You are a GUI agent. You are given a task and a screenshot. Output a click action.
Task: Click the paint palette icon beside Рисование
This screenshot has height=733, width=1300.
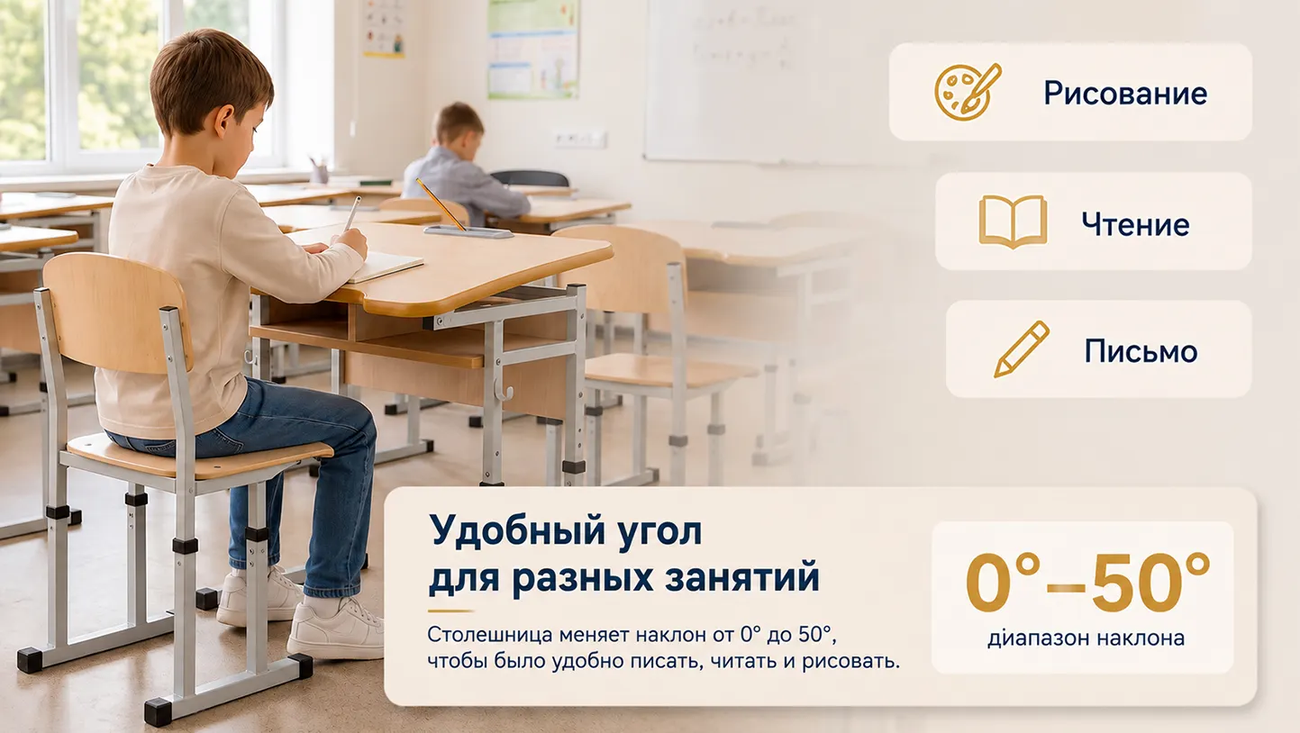pyautogui.click(x=967, y=92)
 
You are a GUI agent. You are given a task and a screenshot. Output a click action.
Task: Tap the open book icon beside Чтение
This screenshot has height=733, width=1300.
pyautogui.click(x=1013, y=222)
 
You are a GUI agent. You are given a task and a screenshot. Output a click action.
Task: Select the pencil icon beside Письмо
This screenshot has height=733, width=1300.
pyautogui.click(x=1022, y=349)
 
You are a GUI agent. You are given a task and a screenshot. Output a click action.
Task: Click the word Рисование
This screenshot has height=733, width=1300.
pyautogui.click(x=1125, y=94)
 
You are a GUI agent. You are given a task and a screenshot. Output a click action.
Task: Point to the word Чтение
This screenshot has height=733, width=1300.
pyautogui.click(x=1135, y=224)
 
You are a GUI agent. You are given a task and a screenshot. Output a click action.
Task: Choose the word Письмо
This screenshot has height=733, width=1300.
pyautogui.click(x=1141, y=351)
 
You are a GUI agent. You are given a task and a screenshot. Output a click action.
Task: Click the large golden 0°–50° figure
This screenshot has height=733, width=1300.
pyautogui.click(x=1087, y=582)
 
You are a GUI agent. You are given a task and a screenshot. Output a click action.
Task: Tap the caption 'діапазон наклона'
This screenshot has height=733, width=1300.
pyautogui.click(x=1086, y=638)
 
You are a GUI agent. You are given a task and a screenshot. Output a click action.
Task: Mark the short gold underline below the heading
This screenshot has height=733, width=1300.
pyautogui.click(x=450, y=611)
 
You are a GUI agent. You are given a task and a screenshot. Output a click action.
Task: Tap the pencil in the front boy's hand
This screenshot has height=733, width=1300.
pyautogui.click(x=352, y=213)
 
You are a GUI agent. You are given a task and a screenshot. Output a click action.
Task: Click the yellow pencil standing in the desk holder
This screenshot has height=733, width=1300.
pyautogui.click(x=441, y=204)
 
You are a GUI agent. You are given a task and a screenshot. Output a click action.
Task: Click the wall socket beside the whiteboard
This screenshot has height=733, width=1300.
pyautogui.click(x=580, y=140)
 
